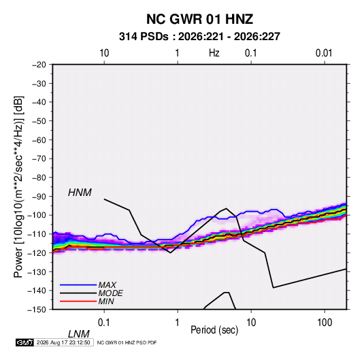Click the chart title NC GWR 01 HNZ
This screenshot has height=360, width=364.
(x=199, y=19)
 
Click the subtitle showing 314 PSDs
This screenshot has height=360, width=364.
(x=199, y=37)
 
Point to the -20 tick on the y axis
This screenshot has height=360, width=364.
(x=39, y=65)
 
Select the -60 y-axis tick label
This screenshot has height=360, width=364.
(x=39, y=140)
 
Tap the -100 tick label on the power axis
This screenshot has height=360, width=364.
(x=37, y=215)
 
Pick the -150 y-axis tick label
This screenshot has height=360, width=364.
(x=37, y=310)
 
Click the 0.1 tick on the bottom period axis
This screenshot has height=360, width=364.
(x=104, y=323)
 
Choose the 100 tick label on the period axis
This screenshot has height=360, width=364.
(x=325, y=323)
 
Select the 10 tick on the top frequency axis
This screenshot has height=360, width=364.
(x=104, y=53)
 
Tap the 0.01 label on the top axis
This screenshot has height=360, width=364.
(x=324, y=53)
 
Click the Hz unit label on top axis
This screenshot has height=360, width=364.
(x=214, y=53)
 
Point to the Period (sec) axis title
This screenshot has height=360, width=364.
(x=214, y=330)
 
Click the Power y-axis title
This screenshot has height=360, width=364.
(x=18, y=187)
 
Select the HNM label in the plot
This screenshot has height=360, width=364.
(x=80, y=193)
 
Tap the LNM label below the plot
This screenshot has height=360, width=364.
(x=79, y=334)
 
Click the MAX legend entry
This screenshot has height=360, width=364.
(x=107, y=285)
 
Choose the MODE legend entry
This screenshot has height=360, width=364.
(x=110, y=293)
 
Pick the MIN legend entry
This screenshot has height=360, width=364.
(x=106, y=301)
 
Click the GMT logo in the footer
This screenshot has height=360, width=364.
(x=25, y=342)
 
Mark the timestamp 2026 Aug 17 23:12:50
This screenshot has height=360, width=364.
(x=63, y=342)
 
